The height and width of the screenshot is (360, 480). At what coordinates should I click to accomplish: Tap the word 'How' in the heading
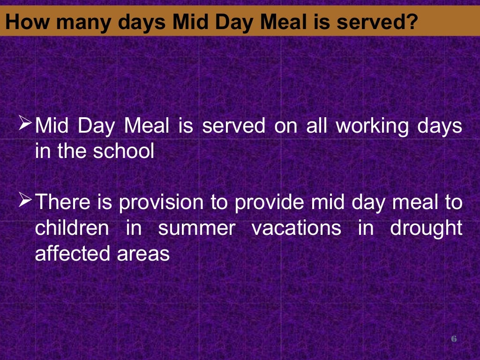point(23,22)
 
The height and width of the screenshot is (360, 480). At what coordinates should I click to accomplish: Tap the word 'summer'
point(196,228)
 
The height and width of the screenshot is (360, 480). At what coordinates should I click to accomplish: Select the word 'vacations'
point(296,228)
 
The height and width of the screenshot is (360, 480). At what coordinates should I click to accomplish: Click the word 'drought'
point(426,228)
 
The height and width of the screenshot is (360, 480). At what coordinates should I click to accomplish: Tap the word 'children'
point(72,228)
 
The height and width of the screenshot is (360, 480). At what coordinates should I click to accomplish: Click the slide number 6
point(453,338)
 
